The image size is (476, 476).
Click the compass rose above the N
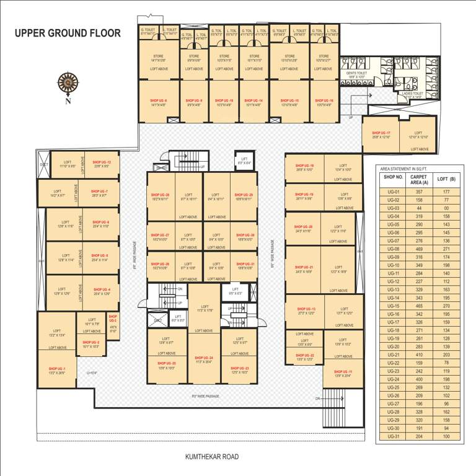pos(67,82)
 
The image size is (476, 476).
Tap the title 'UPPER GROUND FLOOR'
pos(68,33)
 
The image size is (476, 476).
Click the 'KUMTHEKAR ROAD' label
pos(211,457)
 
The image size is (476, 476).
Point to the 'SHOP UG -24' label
pos(205,358)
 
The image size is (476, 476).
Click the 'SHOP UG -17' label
pos(381,133)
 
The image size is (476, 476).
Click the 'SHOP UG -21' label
pos(304,267)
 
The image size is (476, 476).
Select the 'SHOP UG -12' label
pos(101,162)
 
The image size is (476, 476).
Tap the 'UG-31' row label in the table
pos(393,436)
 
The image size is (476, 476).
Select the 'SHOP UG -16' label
pos(324,100)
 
